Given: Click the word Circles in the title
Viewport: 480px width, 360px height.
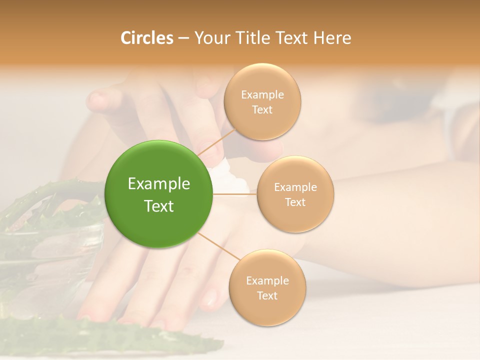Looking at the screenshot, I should pyautogui.click(x=146, y=38).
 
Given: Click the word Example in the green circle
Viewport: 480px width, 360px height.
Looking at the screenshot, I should pyautogui.click(x=159, y=184).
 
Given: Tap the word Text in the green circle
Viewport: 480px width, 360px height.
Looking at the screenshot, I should pyautogui.click(x=159, y=206).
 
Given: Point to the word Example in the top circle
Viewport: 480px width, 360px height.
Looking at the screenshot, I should pyautogui.click(x=262, y=95).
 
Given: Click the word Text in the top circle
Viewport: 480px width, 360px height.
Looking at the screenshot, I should pyautogui.click(x=262, y=109).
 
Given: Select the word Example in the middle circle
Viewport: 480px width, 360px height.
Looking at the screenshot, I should pyautogui.click(x=295, y=187).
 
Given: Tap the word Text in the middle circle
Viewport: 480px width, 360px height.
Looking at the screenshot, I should pyautogui.click(x=295, y=202).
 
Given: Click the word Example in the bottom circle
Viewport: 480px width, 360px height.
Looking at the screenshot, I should pyautogui.click(x=267, y=281).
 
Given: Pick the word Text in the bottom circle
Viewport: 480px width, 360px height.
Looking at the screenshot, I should pyautogui.click(x=267, y=295).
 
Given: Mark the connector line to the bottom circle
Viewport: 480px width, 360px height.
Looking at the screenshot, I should pyautogui.click(x=218, y=246).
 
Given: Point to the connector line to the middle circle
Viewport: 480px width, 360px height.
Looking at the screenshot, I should pyautogui.click(x=235, y=194).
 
